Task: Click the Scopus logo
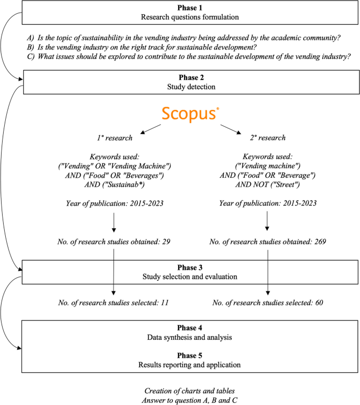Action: (x=191, y=113)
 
